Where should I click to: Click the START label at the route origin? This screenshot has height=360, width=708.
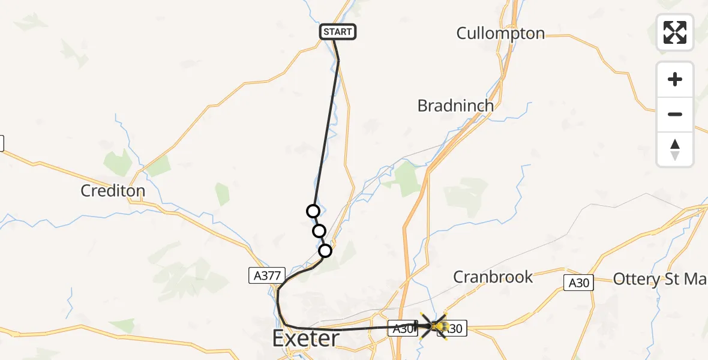(x=338, y=32)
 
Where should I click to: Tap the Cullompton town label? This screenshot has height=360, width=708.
(x=500, y=33)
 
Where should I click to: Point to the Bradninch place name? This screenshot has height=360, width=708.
(x=455, y=106)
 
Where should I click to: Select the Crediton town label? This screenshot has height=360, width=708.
(x=113, y=191)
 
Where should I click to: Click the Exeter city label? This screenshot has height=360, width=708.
(x=305, y=338)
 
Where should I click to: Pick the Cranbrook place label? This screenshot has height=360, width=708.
(x=493, y=277)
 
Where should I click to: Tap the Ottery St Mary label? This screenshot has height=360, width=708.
(x=659, y=279)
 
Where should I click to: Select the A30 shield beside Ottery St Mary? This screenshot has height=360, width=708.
(x=579, y=283)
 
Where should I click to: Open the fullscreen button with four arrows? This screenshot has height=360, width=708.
(x=675, y=32)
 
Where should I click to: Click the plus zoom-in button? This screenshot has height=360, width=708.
(x=675, y=79)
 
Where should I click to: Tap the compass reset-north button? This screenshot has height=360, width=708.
(x=675, y=149)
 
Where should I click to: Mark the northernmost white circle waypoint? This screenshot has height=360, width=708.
(x=313, y=211)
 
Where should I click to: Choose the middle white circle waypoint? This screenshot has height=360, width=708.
(x=319, y=231)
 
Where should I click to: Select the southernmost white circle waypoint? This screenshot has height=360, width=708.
(x=325, y=251)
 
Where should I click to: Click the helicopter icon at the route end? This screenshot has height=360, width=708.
(x=439, y=326)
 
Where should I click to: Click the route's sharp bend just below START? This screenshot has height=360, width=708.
(x=338, y=61)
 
